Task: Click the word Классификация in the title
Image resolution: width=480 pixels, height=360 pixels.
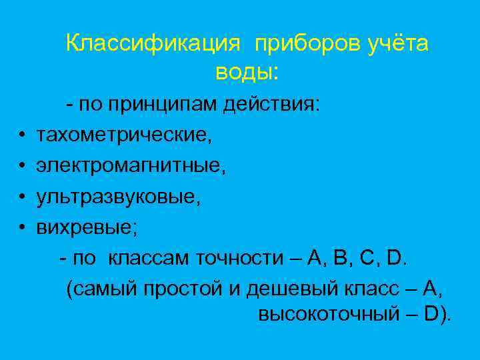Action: [x=153, y=44]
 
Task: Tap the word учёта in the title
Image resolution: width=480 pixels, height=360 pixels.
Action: [x=398, y=44]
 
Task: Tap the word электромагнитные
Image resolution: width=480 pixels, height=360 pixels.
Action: [x=131, y=166]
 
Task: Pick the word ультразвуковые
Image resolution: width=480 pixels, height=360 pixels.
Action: [x=117, y=197]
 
